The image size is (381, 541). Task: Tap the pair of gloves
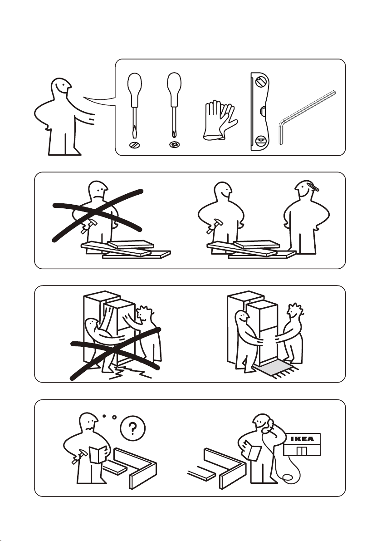220,120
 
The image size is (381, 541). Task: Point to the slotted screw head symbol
134,145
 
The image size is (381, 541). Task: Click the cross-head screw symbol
175,145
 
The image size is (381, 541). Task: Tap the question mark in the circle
133,428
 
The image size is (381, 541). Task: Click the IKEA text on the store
302,439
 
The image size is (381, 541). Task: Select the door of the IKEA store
302,451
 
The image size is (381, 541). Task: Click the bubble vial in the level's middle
262,112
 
